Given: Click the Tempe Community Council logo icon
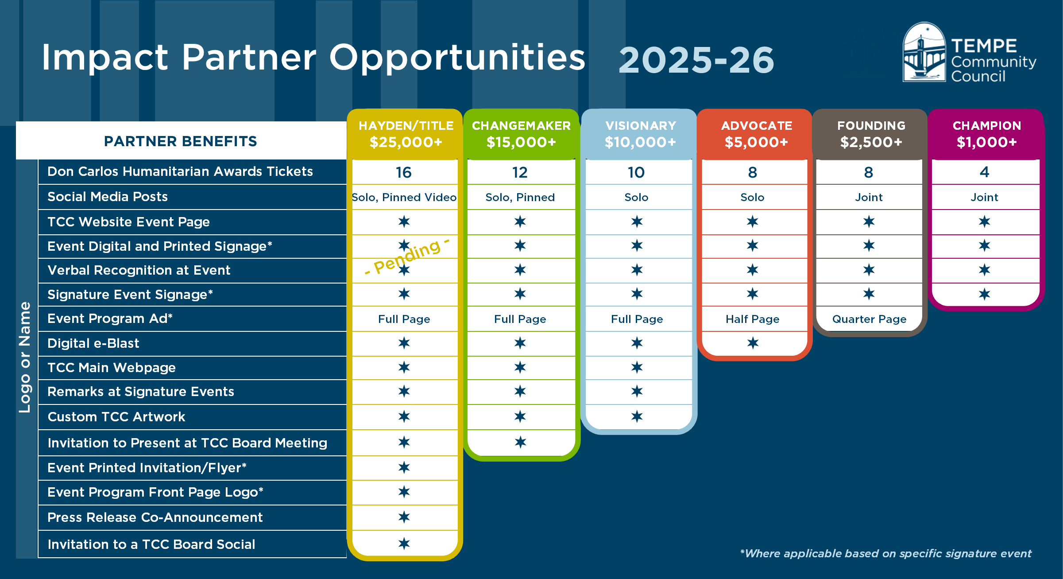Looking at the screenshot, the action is pyautogui.click(x=924, y=52).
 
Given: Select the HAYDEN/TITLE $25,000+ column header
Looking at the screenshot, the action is pyautogui.click(x=406, y=134).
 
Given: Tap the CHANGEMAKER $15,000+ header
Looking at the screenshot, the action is pyautogui.click(x=521, y=134).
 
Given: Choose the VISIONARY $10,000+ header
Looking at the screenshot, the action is pyautogui.click(x=640, y=134).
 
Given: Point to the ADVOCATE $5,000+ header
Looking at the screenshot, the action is pyautogui.click(x=756, y=134).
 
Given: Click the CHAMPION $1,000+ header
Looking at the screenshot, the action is pyautogui.click(x=987, y=134).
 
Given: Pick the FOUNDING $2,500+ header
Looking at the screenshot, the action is pyautogui.click(x=871, y=134).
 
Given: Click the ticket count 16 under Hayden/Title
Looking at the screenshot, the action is pyautogui.click(x=404, y=172).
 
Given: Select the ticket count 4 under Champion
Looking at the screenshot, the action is pyautogui.click(x=984, y=172).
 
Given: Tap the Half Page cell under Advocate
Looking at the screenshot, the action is pyautogui.click(x=753, y=319).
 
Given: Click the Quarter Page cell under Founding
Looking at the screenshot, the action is pyautogui.click(x=869, y=319).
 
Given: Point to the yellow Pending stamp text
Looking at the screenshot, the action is pyautogui.click(x=407, y=257).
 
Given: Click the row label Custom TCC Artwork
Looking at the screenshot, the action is pyautogui.click(x=116, y=417).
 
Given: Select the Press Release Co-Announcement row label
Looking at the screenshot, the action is pyautogui.click(x=155, y=517).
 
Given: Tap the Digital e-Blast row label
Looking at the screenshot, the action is pyautogui.click(x=93, y=343).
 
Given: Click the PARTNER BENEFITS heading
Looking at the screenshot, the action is pyautogui.click(x=180, y=141).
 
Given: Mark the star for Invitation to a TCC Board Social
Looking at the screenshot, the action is pyautogui.click(x=404, y=544).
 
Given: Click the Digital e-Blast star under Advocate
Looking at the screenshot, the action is pyautogui.click(x=753, y=343).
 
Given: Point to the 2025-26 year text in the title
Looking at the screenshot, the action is pyautogui.click(x=696, y=60).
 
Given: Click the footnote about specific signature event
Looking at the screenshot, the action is pyautogui.click(x=885, y=554).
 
